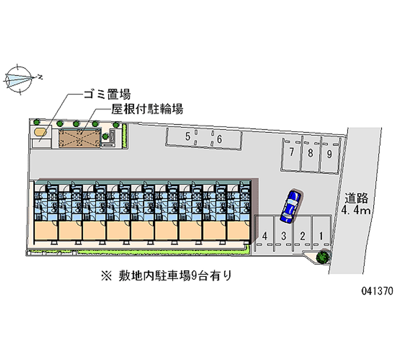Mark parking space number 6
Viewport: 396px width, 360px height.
219,139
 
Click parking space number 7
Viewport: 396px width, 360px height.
293,153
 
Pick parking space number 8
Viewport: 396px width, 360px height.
310,153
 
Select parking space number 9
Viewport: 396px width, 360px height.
329,153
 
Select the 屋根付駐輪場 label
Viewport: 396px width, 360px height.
148,109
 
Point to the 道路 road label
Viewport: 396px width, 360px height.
357,199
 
